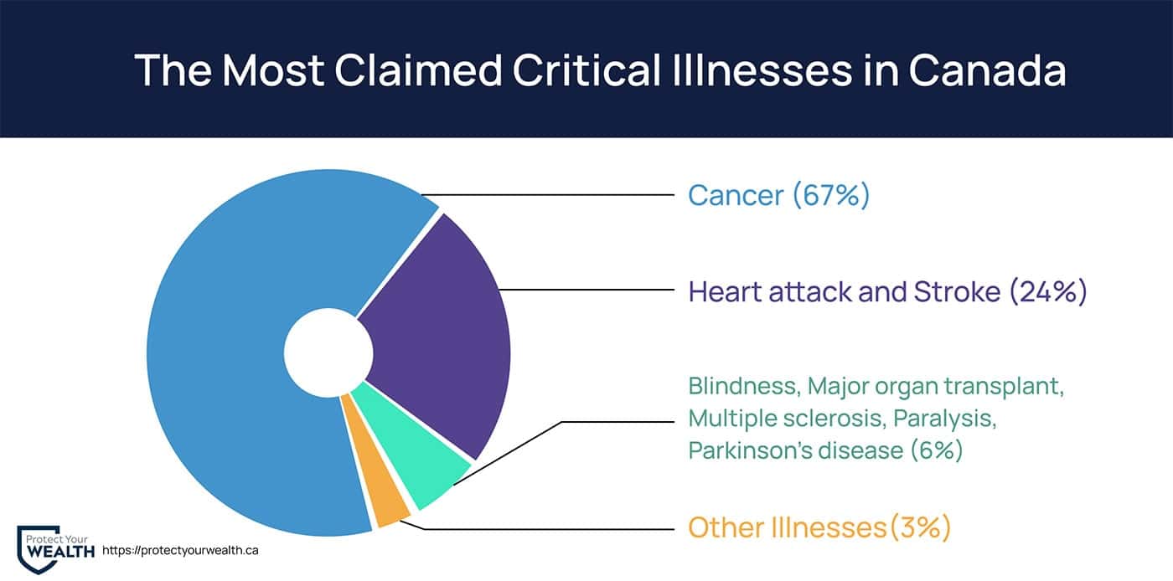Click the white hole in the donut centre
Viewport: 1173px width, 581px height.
(x=328, y=352)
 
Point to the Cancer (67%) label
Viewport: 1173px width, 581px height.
(x=778, y=195)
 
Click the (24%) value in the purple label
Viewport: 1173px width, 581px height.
(x=1048, y=291)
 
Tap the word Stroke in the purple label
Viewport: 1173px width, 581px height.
(x=957, y=291)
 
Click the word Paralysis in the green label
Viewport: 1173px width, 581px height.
(x=945, y=419)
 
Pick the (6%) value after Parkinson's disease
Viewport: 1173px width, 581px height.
(x=937, y=450)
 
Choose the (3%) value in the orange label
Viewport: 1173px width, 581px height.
(x=920, y=527)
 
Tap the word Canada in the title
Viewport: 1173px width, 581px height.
(x=988, y=69)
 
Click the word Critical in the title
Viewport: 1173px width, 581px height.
(x=586, y=69)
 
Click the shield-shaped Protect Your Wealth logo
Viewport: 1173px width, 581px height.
(x=38, y=549)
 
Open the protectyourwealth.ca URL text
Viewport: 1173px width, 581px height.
(x=180, y=550)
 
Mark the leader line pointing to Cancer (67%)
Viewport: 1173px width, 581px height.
(x=548, y=195)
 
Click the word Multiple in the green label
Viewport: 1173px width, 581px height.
(x=731, y=419)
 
